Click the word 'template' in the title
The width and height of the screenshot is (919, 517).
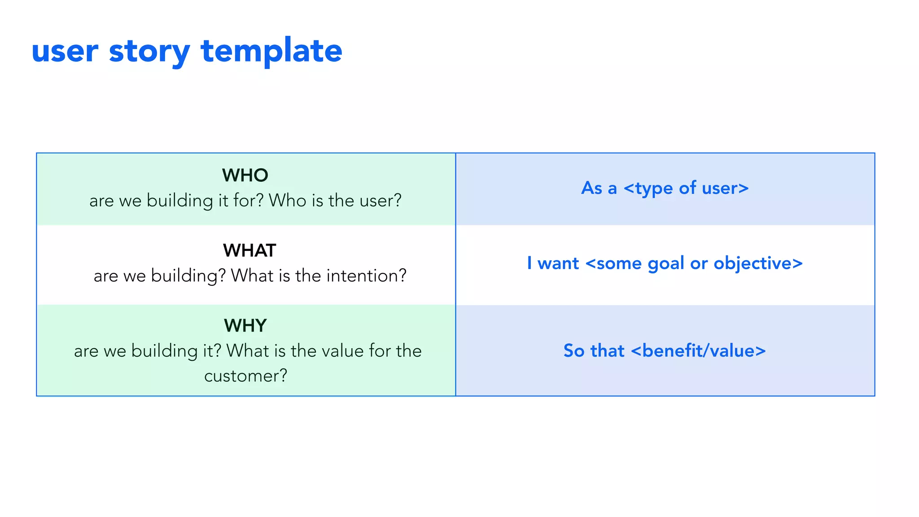[x=271, y=50]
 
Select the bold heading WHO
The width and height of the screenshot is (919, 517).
[x=245, y=175]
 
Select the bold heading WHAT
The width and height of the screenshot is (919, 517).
[x=249, y=250]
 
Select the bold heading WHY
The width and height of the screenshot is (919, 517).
[x=245, y=325]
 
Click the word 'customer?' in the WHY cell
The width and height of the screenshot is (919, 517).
[x=245, y=376]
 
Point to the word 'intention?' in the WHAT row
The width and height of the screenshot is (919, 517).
[x=366, y=276]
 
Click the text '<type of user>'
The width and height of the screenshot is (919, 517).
[x=686, y=188]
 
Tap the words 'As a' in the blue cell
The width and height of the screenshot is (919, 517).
[x=599, y=188]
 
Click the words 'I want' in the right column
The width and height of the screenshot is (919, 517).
[x=553, y=263]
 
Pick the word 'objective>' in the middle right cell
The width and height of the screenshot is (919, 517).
[x=758, y=263]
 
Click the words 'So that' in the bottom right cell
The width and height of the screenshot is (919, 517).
[x=594, y=351]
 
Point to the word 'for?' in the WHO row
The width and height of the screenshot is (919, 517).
[x=248, y=201]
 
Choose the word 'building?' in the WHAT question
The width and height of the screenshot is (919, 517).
[x=188, y=276]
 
